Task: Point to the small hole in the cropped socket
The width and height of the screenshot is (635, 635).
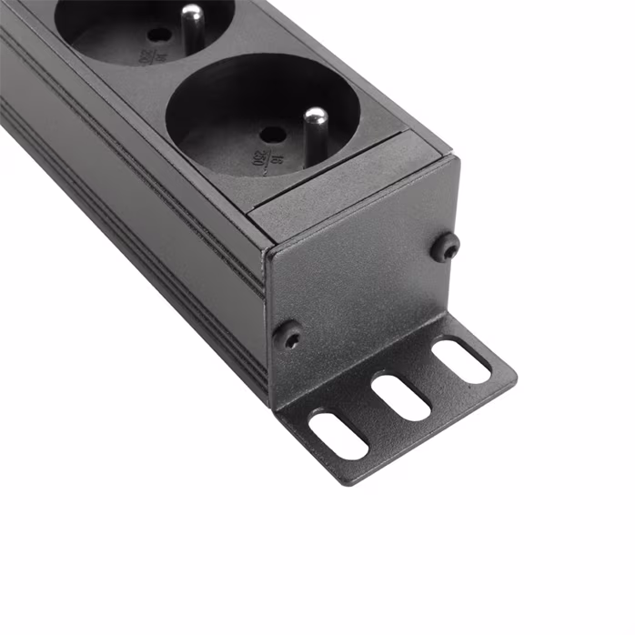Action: (x=159, y=35)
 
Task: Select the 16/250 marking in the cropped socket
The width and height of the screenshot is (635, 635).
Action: (x=146, y=56)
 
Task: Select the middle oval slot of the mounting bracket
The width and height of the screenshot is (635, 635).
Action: (x=400, y=397)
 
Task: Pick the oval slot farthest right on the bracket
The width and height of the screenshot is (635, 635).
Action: (x=460, y=361)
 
